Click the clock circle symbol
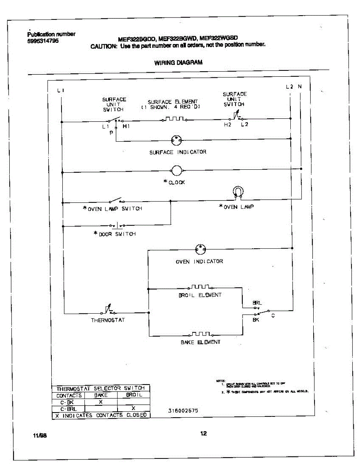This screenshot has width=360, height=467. click(x=177, y=170)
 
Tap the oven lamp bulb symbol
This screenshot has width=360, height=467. click(x=238, y=191)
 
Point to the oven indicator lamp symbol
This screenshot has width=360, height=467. click(x=200, y=249)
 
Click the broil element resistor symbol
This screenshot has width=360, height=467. click(x=200, y=287)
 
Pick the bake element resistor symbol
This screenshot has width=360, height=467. click(x=200, y=334)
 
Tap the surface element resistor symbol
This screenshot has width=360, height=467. click(x=173, y=119)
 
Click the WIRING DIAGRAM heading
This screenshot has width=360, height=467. click(x=178, y=62)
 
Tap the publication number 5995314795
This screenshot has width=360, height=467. click(x=43, y=40)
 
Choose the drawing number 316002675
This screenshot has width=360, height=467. click(x=183, y=410)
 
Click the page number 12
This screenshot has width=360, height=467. click(x=203, y=434)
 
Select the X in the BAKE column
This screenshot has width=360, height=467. click(x=101, y=402)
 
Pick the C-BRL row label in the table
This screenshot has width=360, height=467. click(x=68, y=409)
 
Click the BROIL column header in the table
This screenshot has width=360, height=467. click(x=134, y=395)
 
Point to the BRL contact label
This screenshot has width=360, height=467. click(x=257, y=302)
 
